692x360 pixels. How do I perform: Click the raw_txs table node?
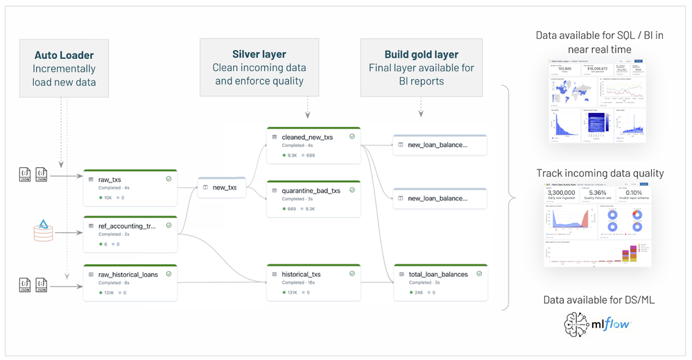pos(130,187)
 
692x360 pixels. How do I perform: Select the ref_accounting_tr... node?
pos(130,234)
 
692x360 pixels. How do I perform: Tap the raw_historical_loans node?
pos(130,282)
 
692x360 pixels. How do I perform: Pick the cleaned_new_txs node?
pos(313,145)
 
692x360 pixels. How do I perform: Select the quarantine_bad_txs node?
pos(313,198)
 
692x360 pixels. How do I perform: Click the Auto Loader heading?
pos(64,54)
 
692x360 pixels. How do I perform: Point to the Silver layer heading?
pos(259,54)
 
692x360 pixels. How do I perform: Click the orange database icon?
pos(43,231)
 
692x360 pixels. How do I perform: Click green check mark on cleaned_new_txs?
pos(352,137)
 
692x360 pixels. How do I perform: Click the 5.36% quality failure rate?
pos(597,194)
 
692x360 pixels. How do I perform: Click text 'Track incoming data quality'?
pos(600,173)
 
